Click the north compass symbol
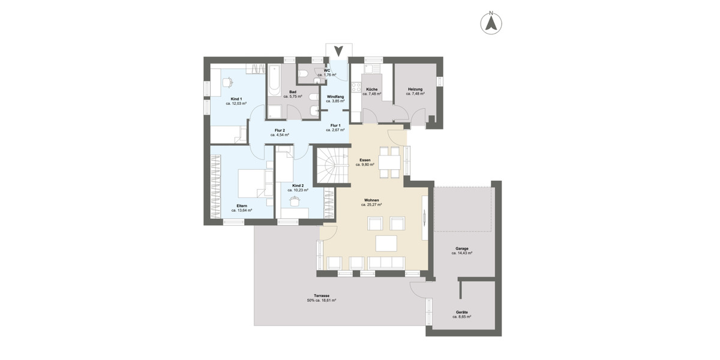491,23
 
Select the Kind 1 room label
236,99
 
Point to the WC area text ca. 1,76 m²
327,75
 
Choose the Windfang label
335,97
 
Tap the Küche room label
372,89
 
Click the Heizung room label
415,89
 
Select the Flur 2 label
280,130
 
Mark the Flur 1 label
335,125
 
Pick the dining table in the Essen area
389,162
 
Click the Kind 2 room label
298,185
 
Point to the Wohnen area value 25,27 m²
371,205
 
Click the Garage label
461,248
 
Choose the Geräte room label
461,312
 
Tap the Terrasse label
321,296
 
